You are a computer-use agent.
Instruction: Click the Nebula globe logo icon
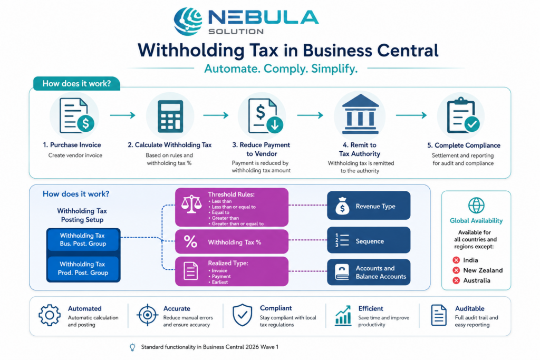point(188,21)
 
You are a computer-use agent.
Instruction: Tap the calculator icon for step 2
point(170,116)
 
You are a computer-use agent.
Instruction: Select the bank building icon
point(360,114)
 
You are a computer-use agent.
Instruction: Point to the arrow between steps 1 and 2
point(122,115)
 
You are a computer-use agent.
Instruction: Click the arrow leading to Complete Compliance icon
point(411,115)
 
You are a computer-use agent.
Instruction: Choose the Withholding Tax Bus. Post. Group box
point(83,239)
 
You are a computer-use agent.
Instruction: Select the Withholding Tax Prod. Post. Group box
point(83,268)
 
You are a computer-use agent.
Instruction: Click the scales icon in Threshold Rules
point(191,205)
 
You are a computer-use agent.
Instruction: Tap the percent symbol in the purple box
point(190,241)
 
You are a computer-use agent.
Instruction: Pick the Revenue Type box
point(369,206)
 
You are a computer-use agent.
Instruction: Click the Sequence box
point(369,240)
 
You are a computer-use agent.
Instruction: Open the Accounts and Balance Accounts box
point(369,272)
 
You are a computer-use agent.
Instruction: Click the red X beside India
point(456,260)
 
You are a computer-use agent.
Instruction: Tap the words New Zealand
point(483,270)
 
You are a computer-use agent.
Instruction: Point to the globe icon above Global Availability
point(476,206)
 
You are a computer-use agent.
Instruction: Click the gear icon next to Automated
point(50,315)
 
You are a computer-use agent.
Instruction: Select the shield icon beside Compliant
point(243,315)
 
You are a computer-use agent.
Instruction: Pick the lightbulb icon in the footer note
point(132,347)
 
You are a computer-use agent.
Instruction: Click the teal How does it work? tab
point(76,84)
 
